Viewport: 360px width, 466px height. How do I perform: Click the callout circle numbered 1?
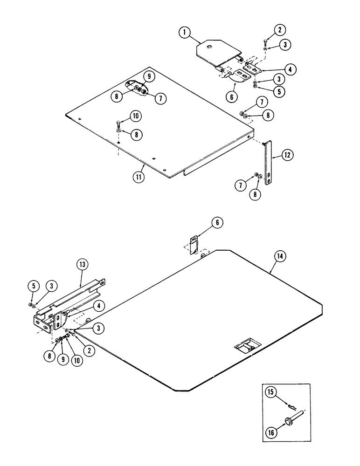click(185, 33)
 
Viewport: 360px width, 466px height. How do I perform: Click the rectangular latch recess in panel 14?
click(246, 347)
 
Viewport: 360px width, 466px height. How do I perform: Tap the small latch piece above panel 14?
click(194, 245)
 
